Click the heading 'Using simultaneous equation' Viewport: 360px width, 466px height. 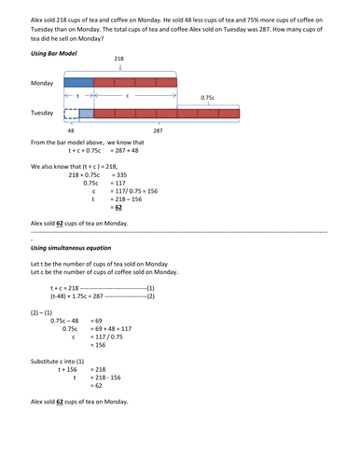[x=73, y=249]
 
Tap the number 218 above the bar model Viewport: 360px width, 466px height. [x=118, y=58]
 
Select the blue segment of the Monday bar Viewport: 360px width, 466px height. [x=78, y=83]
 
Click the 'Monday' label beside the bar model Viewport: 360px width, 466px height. [x=41, y=83]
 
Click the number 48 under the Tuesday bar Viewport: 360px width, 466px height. [x=71, y=131]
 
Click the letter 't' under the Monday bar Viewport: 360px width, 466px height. [x=78, y=95]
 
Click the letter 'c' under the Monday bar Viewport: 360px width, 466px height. [x=127, y=95]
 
